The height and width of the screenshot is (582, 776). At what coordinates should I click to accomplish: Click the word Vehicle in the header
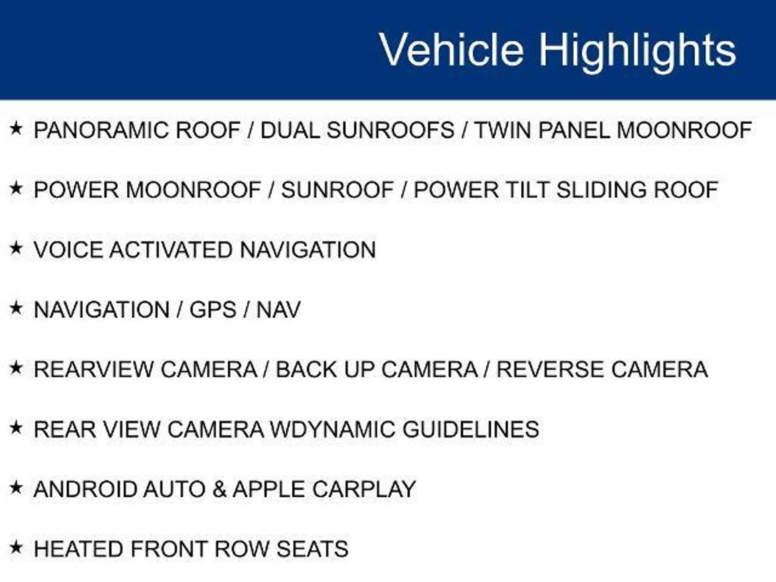click(452, 50)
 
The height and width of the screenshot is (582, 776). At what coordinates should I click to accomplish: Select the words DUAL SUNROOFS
click(357, 130)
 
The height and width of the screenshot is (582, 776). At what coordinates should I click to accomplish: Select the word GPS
click(213, 310)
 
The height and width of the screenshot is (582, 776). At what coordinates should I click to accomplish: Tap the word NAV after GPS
click(278, 310)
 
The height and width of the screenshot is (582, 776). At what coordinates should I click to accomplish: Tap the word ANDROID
click(86, 489)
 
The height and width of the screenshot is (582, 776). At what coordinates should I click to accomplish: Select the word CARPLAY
click(364, 489)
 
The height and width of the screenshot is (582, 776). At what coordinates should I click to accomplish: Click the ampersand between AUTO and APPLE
click(219, 489)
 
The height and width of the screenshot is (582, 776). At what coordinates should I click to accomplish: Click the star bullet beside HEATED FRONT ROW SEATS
click(16, 547)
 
